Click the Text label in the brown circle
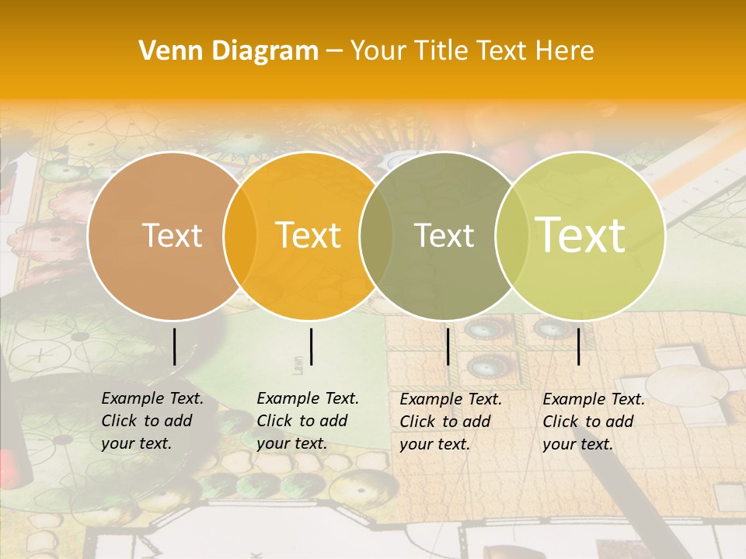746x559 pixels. [172, 235]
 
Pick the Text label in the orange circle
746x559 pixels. [309, 235]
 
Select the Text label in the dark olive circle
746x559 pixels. [444, 235]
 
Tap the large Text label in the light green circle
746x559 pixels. [580, 234]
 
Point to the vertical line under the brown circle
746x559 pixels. [174, 346]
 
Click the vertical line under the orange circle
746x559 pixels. [311, 346]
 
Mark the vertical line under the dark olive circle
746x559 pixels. [448, 346]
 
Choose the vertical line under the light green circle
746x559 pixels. [578, 346]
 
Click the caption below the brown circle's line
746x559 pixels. [152, 421]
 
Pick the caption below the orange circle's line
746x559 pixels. [308, 421]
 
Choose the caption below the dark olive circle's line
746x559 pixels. [451, 422]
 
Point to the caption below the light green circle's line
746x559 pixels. [594, 422]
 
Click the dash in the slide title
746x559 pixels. [334, 52]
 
